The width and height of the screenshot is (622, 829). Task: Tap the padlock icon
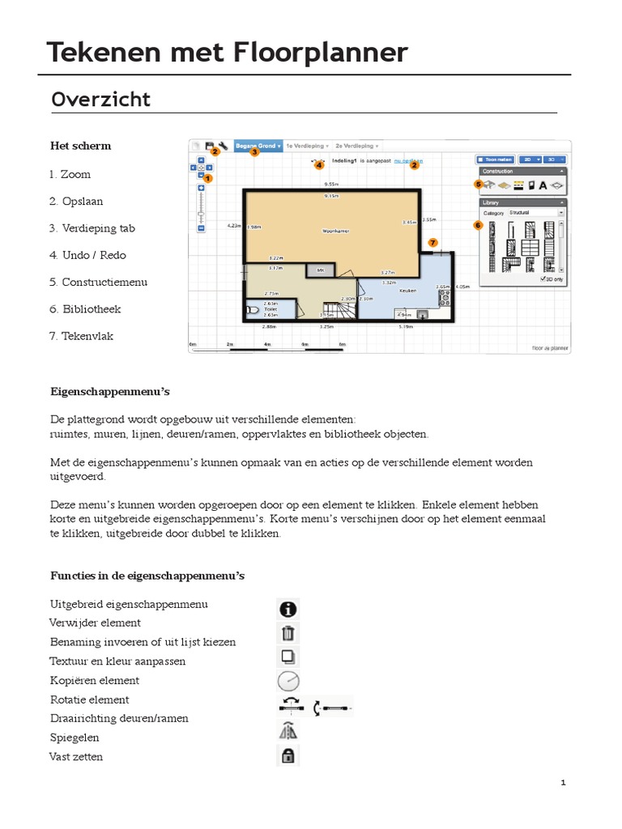288,756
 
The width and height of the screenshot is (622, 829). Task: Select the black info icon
288,609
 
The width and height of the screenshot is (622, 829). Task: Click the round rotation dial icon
288,682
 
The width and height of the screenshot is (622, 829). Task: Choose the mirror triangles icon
288,731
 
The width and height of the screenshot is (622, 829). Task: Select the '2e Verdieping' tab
356,146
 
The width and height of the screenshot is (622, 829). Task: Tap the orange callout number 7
432,242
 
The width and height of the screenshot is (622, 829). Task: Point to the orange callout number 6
478,224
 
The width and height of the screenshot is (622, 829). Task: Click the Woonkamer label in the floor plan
334,231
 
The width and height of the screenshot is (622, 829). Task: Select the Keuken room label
408,289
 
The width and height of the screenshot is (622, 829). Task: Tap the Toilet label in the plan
271,309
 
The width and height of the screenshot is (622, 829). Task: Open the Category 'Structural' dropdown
535,213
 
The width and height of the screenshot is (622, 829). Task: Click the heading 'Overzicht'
101,100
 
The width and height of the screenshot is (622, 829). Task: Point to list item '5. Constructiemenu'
98,283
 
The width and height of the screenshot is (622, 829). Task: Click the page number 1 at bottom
562,783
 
